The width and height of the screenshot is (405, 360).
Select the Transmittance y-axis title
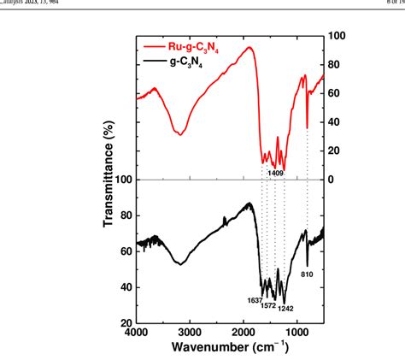[x=109, y=180]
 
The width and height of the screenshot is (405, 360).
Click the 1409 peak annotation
[x=275, y=173]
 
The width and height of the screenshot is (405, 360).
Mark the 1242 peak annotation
[x=285, y=306]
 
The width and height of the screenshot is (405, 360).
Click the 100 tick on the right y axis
[x=337, y=36]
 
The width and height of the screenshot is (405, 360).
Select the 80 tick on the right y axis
[x=336, y=64]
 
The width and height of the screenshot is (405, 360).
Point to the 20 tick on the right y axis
[x=336, y=150]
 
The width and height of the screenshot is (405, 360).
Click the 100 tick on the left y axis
[x=123, y=180]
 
